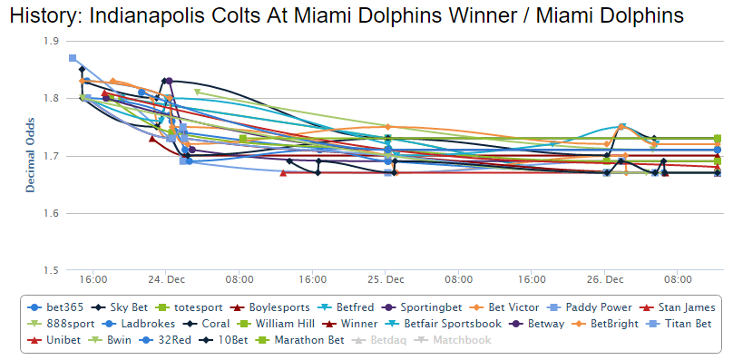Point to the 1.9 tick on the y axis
pyautogui.click(x=50, y=41)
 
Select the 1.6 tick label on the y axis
pyautogui.click(x=50, y=214)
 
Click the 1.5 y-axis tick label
pyautogui.click(x=50, y=271)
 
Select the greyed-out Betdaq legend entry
pyautogui.click(x=382, y=339)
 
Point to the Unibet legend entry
pyautogui.click(x=61, y=339)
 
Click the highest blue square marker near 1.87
pyautogui.click(x=73, y=58)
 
